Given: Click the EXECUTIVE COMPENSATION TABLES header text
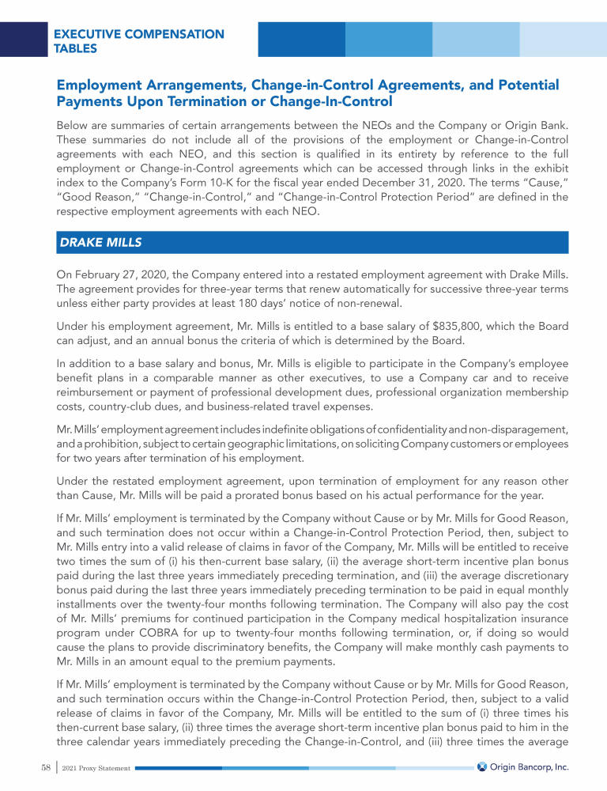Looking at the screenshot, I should (138, 41).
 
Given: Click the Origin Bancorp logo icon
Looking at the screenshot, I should (482, 766).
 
